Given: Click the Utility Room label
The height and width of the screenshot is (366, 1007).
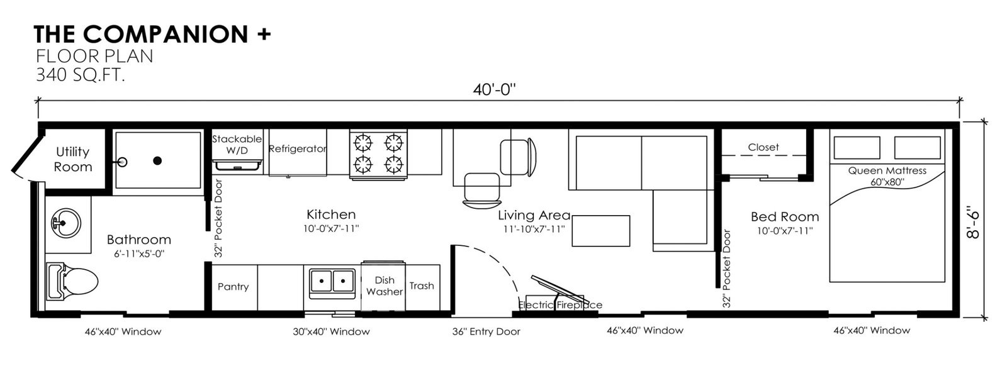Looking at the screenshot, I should (73, 159).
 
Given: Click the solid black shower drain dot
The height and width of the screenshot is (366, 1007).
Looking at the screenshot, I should (158, 160).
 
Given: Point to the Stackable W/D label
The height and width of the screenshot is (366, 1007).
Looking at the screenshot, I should (237, 145).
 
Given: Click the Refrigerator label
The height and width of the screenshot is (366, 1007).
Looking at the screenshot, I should (297, 149).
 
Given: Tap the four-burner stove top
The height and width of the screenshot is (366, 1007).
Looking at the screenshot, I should (378, 153).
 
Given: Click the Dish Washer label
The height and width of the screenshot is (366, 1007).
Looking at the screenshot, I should (384, 286).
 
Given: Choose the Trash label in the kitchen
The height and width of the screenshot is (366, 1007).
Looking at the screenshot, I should (422, 286).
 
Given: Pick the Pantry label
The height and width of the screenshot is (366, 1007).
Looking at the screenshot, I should (233, 286).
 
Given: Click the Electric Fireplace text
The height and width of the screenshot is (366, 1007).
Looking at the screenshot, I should (560, 305).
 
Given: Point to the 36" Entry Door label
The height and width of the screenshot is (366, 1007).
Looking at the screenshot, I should (486, 331).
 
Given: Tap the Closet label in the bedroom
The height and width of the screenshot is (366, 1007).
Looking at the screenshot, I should (763, 147).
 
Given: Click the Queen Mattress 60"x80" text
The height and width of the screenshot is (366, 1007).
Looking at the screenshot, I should (887, 176).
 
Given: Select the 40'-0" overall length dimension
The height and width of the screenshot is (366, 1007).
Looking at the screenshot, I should (494, 90).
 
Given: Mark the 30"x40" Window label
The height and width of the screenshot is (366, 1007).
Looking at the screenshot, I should (331, 331).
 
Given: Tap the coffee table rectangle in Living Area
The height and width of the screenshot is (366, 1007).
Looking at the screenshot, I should (600, 231).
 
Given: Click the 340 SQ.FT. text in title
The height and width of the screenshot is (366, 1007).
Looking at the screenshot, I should (80, 75).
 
